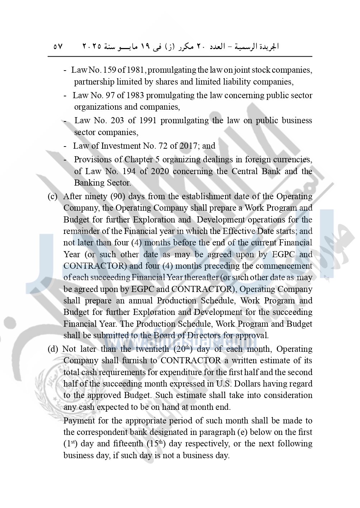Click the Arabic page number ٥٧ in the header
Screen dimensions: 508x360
point(58,47)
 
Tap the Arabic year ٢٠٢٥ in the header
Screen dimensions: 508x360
point(92,47)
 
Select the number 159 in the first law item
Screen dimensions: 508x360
point(109,70)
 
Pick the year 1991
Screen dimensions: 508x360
point(147,120)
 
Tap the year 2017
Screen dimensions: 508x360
point(188,146)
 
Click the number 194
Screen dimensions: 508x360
point(129,171)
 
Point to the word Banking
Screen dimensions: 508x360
point(88,183)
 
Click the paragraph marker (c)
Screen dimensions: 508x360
point(52,197)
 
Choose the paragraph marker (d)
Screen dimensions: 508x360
point(52,349)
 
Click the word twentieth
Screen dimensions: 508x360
point(152,349)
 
